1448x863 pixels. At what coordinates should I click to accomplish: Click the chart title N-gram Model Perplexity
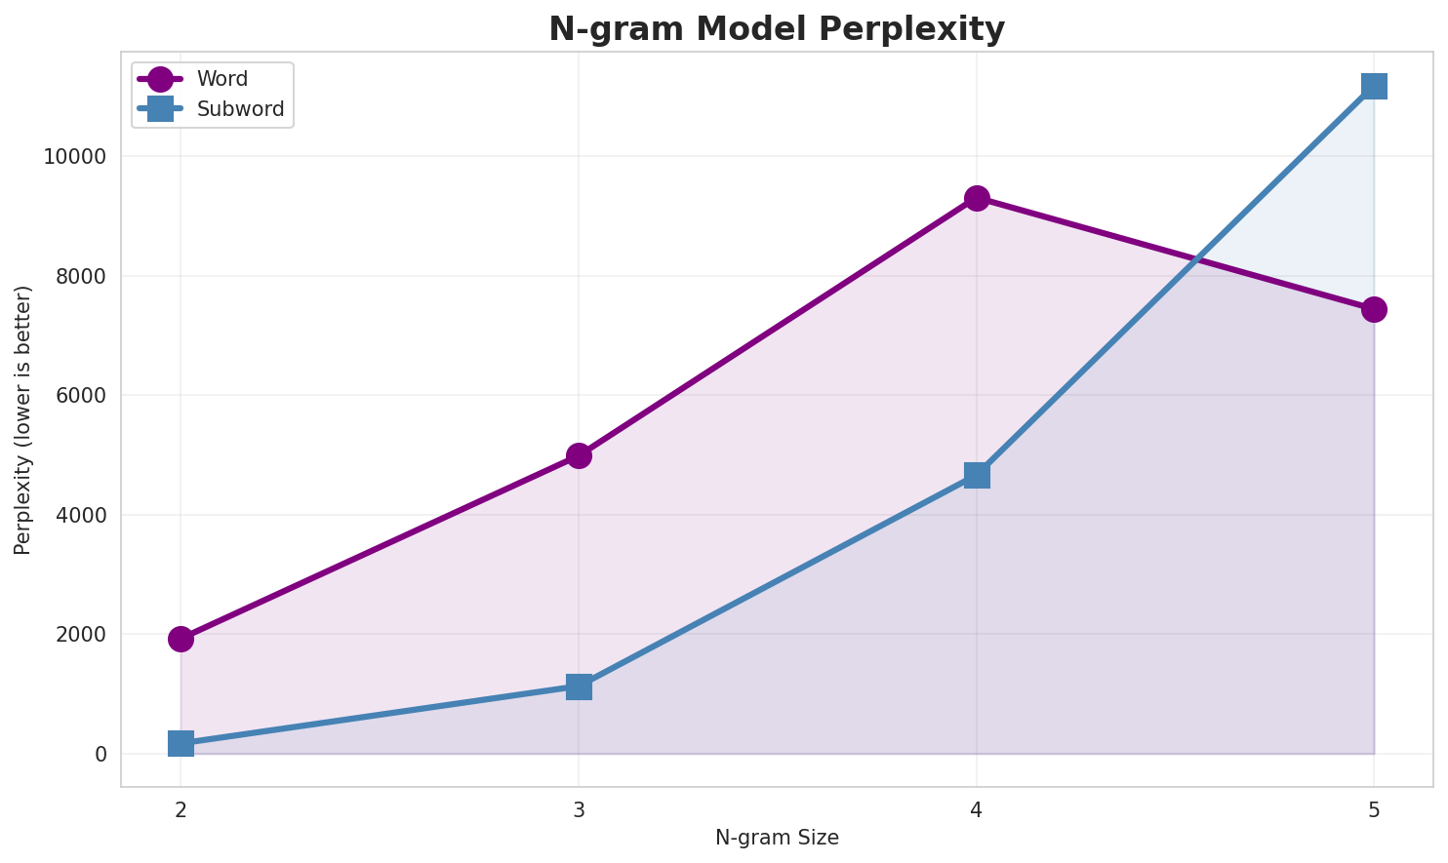click(776, 29)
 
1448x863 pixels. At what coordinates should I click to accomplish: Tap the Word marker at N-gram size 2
click(181, 639)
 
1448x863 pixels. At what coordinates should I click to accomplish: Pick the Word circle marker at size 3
click(579, 455)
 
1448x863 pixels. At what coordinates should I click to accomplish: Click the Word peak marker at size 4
click(977, 198)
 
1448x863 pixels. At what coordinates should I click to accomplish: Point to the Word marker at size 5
click(1374, 309)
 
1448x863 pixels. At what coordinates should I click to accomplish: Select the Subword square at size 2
click(181, 743)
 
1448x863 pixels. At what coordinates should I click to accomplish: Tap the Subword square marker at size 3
click(579, 686)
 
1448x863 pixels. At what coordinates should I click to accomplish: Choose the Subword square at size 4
click(977, 475)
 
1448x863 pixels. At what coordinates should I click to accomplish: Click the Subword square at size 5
click(1374, 86)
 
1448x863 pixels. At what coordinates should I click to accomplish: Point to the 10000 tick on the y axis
click(75, 157)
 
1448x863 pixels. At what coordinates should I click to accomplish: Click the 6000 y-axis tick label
click(81, 396)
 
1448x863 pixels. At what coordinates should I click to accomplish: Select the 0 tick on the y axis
click(101, 754)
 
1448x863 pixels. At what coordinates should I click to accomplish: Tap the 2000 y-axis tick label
click(81, 635)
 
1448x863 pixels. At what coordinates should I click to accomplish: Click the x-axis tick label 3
click(579, 808)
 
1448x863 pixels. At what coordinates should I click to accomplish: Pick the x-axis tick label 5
click(1374, 808)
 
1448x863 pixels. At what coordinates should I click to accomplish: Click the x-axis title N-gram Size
click(777, 838)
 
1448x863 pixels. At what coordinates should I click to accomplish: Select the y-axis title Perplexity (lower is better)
click(23, 420)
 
